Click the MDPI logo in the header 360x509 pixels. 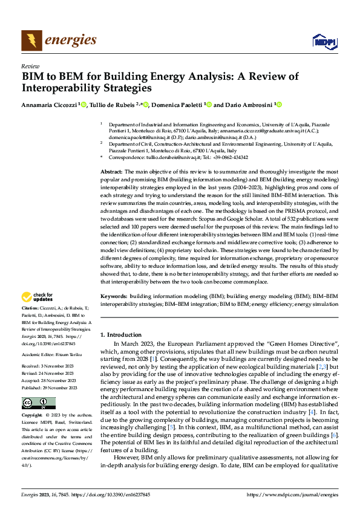tap(324, 41)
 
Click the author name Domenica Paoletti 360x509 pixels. tap(177, 104)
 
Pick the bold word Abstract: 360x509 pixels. tap(112, 172)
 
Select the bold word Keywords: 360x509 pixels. tap(114, 296)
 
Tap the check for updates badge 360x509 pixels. tap(36, 297)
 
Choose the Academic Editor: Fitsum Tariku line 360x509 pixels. tap(52, 354)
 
